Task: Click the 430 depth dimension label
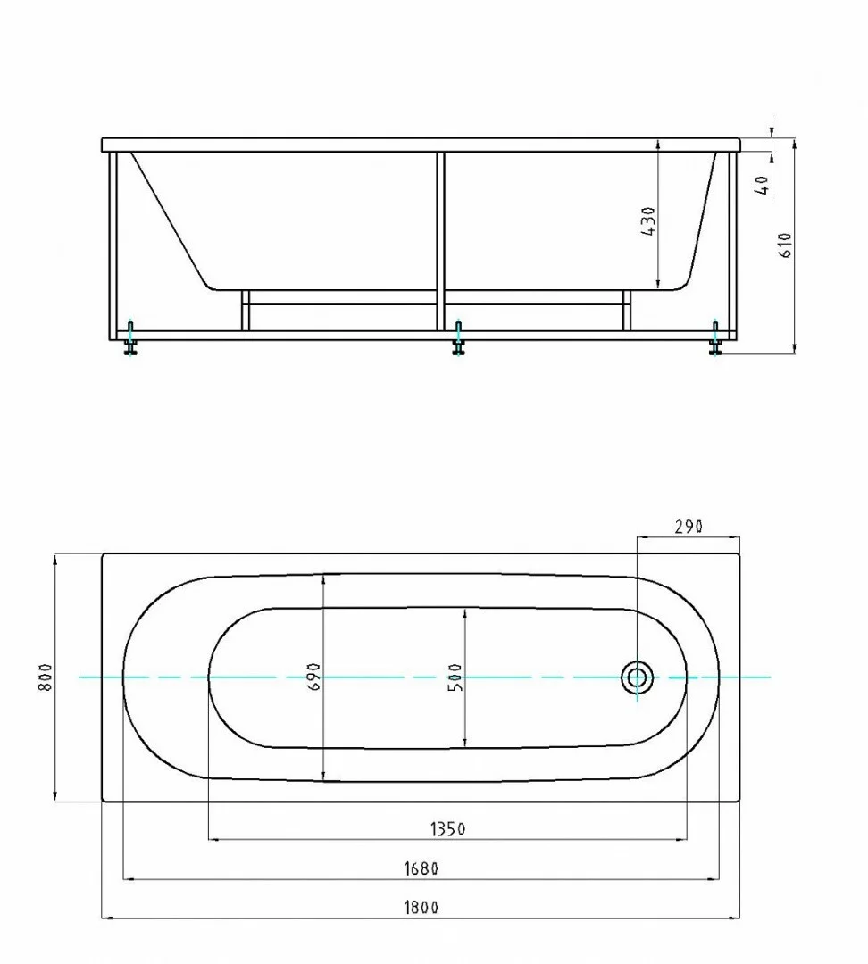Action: pos(648,221)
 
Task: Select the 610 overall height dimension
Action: pos(786,245)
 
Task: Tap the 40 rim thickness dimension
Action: pos(763,185)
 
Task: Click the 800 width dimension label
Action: pos(46,677)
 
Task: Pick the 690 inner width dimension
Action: pos(313,677)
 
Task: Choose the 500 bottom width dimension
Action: pos(455,677)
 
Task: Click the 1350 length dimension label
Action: pos(447,829)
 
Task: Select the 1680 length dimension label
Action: pos(421,868)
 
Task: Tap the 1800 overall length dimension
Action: pos(421,908)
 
